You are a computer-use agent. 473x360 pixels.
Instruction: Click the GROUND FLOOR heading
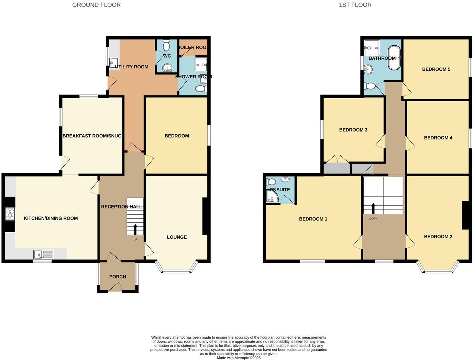(x=96, y=5)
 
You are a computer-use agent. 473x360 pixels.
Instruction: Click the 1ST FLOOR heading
(x=355, y=5)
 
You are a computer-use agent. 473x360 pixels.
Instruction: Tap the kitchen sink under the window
(x=43, y=255)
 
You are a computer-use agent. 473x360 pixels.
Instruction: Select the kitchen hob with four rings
(x=10, y=214)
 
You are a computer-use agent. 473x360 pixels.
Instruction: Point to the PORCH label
(x=118, y=277)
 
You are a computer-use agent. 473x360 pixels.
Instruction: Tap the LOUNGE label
(x=177, y=237)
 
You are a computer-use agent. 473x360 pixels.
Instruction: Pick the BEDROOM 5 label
(x=436, y=69)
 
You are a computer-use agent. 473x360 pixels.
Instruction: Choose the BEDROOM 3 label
(x=353, y=130)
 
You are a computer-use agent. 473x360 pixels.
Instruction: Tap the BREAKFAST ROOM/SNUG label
(x=92, y=136)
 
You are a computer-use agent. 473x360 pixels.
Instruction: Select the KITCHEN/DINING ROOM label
(x=51, y=218)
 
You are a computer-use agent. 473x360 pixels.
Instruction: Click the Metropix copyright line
(x=239, y=358)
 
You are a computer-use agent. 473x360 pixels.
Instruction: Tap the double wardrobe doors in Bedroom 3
(x=338, y=159)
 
